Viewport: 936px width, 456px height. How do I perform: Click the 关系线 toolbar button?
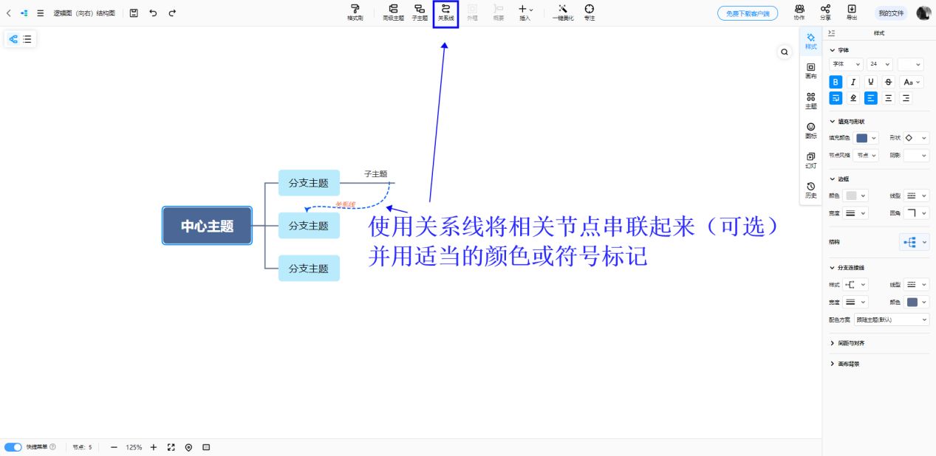tap(445, 13)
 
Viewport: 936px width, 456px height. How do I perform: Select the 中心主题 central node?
tap(207, 226)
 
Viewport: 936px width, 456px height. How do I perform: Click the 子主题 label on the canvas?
tap(375, 174)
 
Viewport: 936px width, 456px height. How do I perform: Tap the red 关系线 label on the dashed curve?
tap(345, 204)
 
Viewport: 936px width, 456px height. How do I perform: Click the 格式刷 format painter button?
tap(355, 13)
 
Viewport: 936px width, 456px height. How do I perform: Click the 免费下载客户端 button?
tap(747, 13)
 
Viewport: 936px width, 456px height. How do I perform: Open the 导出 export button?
tap(852, 13)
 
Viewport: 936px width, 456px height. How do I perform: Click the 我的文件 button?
tap(890, 13)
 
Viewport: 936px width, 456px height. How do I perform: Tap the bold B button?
tap(836, 82)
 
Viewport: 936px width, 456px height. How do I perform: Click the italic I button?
tap(853, 82)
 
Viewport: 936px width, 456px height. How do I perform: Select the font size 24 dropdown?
tap(879, 64)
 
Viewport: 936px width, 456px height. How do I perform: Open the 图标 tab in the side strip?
tap(810, 130)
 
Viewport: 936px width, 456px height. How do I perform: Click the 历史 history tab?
tap(810, 190)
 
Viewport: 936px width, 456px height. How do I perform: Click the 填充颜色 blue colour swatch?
tap(862, 138)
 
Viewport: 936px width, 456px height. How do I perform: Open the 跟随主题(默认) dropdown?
tap(892, 319)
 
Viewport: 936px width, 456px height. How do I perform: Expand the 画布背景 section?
tap(847, 364)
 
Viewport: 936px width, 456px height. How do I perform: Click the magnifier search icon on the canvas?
tap(785, 52)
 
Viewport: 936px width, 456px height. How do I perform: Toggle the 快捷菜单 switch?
tap(13, 447)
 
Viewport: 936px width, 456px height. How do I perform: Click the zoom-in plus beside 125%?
tap(154, 447)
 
